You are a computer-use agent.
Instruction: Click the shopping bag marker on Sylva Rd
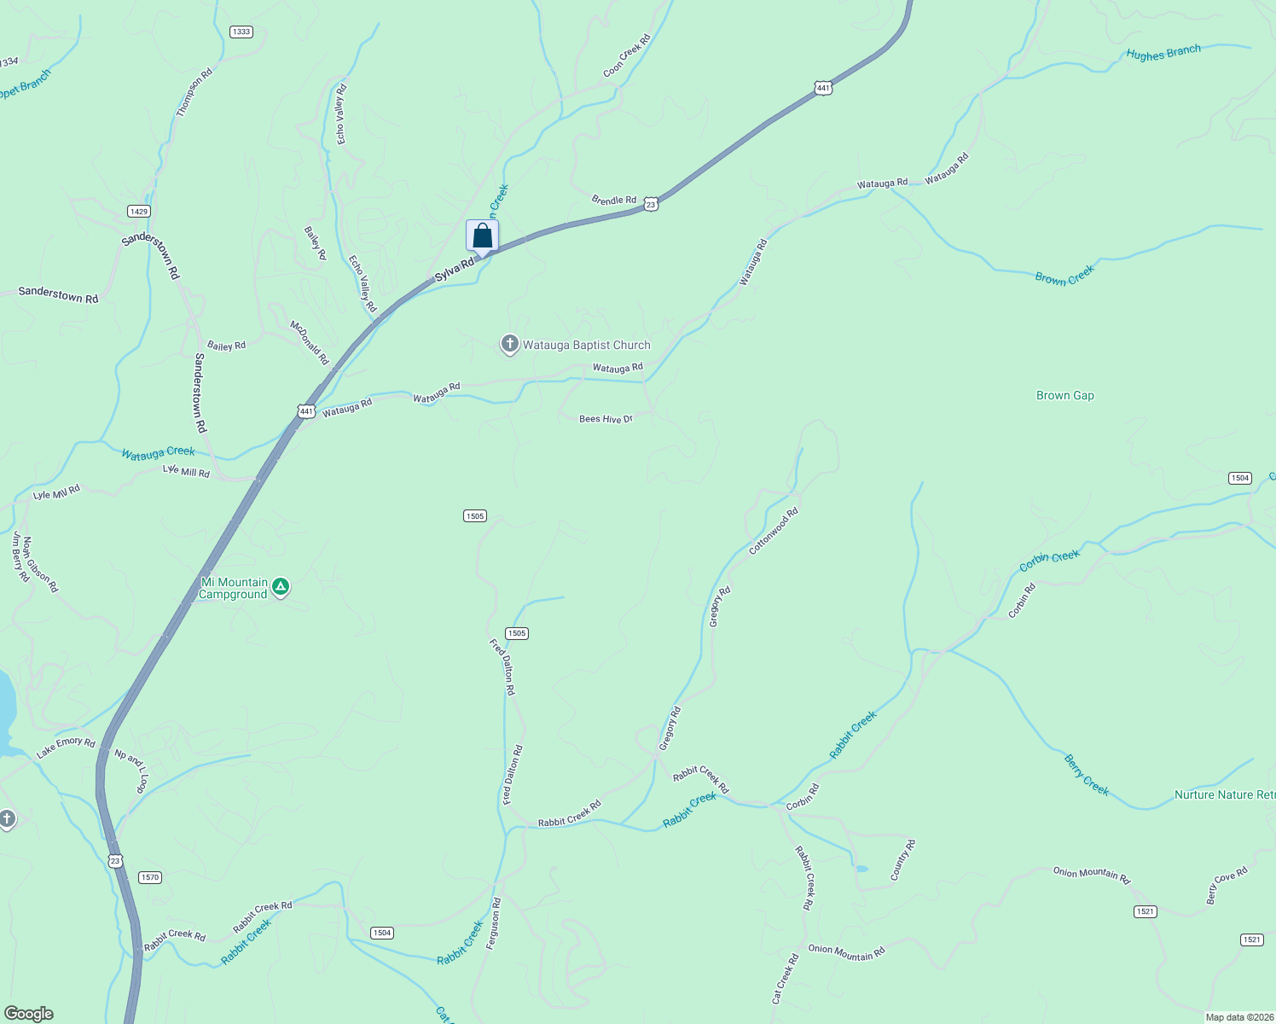[482, 236]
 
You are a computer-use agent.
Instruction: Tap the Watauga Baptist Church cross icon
[510, 344]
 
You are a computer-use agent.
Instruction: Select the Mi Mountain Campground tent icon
[281, 587]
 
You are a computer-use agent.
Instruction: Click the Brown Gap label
[1064, 395]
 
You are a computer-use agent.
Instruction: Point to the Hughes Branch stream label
[1163, 53]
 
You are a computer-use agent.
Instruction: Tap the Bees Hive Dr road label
[606, 419]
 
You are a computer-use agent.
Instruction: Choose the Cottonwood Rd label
[774, 531]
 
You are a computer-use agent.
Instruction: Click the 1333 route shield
[241, 32]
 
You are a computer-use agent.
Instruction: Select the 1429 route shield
[139, 211]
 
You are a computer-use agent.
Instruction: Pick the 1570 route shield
[149, 877]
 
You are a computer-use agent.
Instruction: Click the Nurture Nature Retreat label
[1224, 794]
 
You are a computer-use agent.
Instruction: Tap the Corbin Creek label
[1049, 561]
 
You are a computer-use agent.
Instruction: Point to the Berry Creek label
[1087, 775]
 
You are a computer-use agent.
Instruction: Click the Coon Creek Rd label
[627, 55]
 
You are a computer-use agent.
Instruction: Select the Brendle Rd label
[614, 200]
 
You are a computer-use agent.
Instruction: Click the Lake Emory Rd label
[66, 748]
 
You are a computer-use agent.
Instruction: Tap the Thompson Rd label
[194, 92]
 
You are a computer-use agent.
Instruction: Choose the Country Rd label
[903, 860]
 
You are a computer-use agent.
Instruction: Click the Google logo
[29, 1014]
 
